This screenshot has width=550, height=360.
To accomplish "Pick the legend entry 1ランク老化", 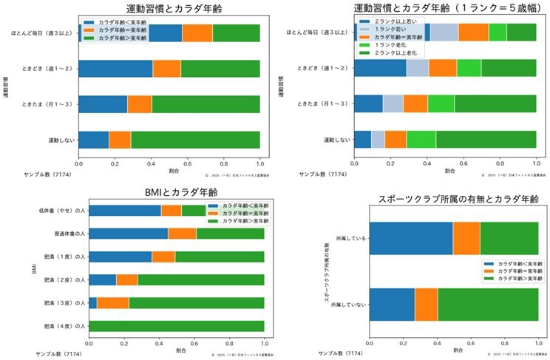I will coord(389,45).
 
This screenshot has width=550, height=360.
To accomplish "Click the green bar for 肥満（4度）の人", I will coord(176,326).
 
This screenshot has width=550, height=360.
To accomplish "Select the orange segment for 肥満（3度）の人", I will coord(113,303).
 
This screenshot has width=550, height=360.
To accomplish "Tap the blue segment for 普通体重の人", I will coord(128,234).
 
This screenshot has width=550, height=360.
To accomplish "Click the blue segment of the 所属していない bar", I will coord(392,305).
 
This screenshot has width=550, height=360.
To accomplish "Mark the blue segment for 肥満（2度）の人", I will coord(102,279).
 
